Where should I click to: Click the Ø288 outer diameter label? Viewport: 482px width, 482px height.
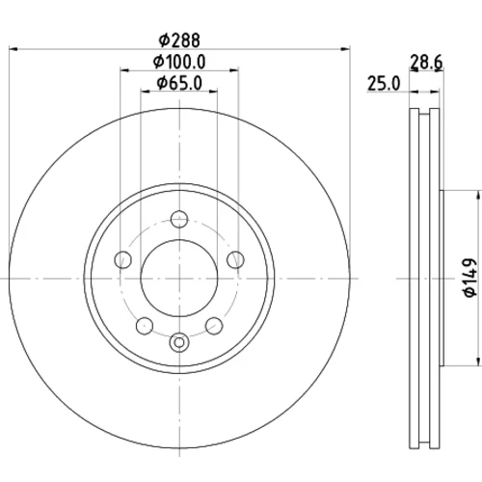point(179,40)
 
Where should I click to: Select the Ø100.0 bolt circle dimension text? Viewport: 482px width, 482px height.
point(179,62)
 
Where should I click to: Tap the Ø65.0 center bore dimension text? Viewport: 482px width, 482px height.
point(179,83)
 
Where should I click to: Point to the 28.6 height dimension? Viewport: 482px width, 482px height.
point(426,62)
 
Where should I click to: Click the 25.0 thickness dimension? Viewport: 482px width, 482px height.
point(384,84)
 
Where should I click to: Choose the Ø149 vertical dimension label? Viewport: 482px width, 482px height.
point(469,278)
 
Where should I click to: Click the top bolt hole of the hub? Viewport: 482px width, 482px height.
point(179,219)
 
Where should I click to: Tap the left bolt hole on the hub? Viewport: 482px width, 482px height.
point(123,259)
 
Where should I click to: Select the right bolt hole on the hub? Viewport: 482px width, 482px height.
point(235,259)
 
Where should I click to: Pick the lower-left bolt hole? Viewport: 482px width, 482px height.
point(145,326)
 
